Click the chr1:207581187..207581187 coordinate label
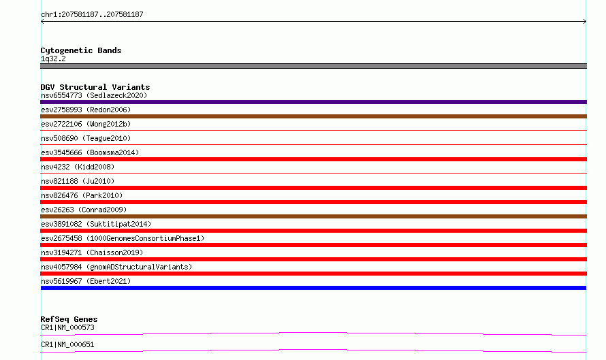tap(92, 15)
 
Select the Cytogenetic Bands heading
tap(81, 50)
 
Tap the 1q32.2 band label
tap(53, 59)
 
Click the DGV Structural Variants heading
tap(95, 87)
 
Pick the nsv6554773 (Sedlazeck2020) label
tap(94, 95)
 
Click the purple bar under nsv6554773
tap(313, 102)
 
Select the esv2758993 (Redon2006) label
tap(86, 110)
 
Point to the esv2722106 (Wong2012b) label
tap(86, 124)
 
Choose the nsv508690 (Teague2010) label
tap(86, 138)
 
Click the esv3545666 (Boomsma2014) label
tap(90, 152)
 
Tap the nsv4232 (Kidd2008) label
tap(78, 167)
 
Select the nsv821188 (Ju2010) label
tap(78, 181)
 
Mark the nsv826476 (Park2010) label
tap(82, 195)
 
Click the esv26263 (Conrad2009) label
tap(84, 210)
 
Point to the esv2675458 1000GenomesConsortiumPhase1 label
tap(123, 238)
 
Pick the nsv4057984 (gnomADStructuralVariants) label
tap(116, 267)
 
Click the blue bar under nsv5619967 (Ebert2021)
tap(313, 288)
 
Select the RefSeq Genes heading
tap(69, 319)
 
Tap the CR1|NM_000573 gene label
tap(67, 327)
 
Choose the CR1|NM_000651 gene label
tap(67, 344)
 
